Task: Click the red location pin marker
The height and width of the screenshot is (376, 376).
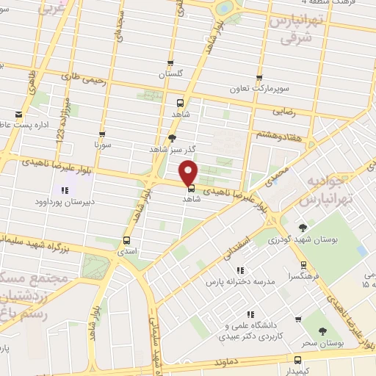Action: [x=189, y=173]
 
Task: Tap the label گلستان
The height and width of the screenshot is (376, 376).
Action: [x=171, y=76]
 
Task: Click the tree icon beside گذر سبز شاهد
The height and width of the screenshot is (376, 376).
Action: [x=173, y=137]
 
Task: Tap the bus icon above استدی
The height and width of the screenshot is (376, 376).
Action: [x=127, y=239]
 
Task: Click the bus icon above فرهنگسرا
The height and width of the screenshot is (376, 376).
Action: [x=303, y=264]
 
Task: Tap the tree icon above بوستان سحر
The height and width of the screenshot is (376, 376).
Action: [x=324, y=313]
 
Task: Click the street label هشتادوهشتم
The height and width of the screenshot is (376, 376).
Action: [x=272, y=135]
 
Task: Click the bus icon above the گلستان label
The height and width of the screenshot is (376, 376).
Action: [x=171, y=63]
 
